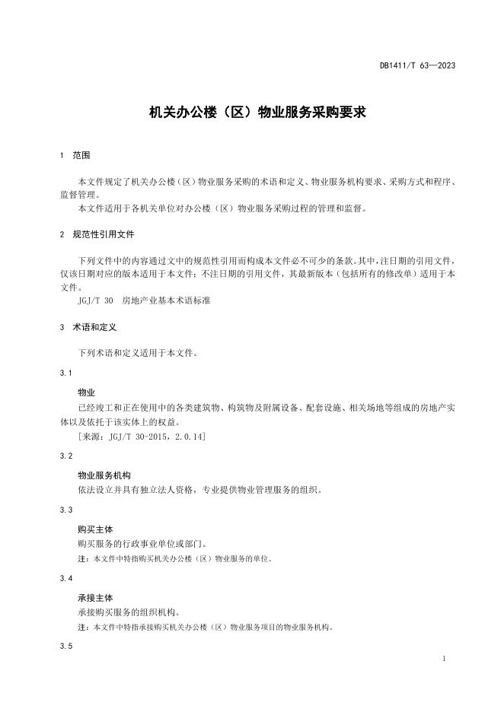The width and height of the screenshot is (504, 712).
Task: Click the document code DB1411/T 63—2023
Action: (417, 65)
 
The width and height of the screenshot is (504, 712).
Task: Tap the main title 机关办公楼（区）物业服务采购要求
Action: (257, 113)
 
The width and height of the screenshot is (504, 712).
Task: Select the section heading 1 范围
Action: (75, 156)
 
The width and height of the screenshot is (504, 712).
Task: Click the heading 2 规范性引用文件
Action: (97, 234)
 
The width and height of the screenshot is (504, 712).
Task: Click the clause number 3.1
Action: (65, 373)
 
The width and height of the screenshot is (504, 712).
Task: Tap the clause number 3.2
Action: (65, 456)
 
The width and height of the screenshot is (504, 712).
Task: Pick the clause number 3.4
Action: (65, 579)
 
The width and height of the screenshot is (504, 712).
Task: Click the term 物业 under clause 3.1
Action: (86, 393)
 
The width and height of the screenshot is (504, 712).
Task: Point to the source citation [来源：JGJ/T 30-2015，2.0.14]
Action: (141, 437)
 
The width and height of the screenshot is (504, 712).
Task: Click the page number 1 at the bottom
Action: (444, 659)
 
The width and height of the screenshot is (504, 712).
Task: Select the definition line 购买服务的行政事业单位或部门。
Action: (140, 544)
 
